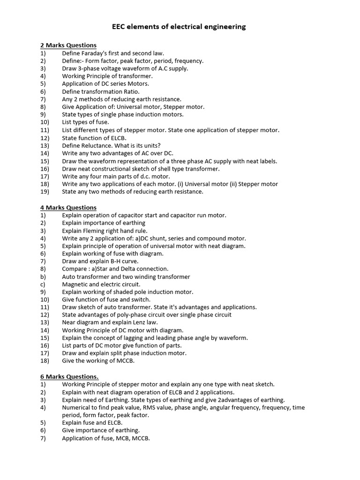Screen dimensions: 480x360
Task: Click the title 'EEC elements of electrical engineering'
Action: [179, 27]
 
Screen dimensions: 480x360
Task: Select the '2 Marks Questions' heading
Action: [68, 45]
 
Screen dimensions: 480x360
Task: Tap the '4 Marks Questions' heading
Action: [68, 208]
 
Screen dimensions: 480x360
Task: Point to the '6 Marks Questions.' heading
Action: [69, 377]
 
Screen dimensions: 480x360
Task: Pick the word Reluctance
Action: [98, 146]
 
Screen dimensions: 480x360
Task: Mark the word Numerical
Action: [77, 408]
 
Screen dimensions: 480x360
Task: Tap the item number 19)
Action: [45, 192]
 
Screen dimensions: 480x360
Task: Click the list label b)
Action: [43, 277]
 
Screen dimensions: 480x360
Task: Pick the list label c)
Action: [43, 285]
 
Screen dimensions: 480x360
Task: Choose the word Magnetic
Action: [76, 285]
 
